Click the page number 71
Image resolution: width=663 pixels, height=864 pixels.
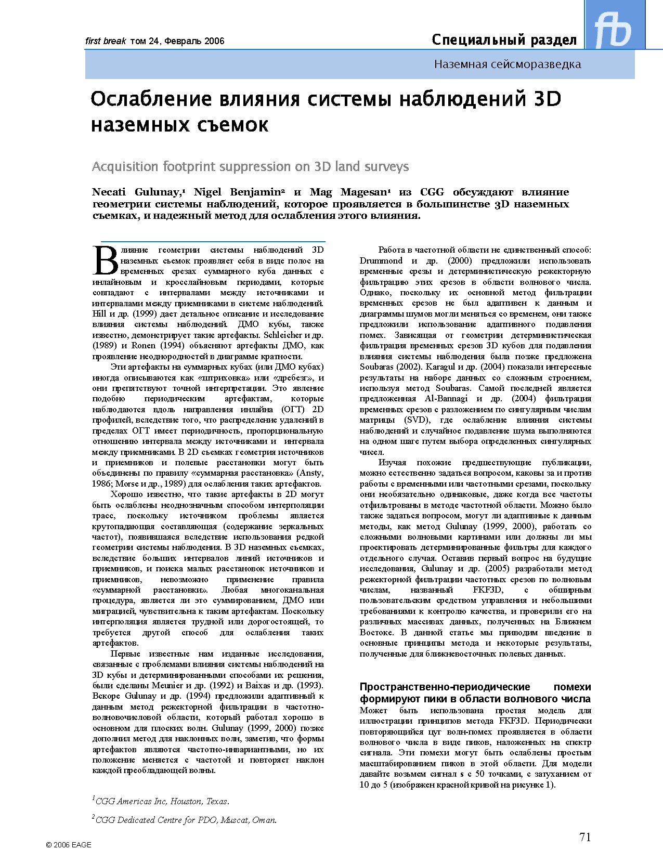pyautogui.click(x=585, y=836)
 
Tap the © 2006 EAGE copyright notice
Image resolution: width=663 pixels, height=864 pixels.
pyautogui.click(x=69, y=845)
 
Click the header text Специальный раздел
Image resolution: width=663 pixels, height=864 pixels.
pyautogui.click(x=504, y=40)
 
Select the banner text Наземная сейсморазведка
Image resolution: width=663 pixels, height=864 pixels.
pyautogui.click(x=508, y=64)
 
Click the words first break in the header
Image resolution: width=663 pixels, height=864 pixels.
pyautogui.click(x=106, y=41)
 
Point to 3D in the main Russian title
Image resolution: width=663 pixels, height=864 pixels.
pyautogui.click(x=547, y=99)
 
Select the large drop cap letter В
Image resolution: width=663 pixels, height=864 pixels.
pyautogui.click(x=106, y=260)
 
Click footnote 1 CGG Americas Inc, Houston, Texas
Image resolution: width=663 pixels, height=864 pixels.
pyautogui.click(x=161, y=801)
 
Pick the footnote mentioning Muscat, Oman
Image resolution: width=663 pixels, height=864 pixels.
pyautogui.click(x=185, y=820)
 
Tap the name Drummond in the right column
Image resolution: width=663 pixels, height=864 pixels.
pyautogui.click(x=381, y=261)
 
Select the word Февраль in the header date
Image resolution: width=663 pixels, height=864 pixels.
pyautogui.click(x=181, y=41)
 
